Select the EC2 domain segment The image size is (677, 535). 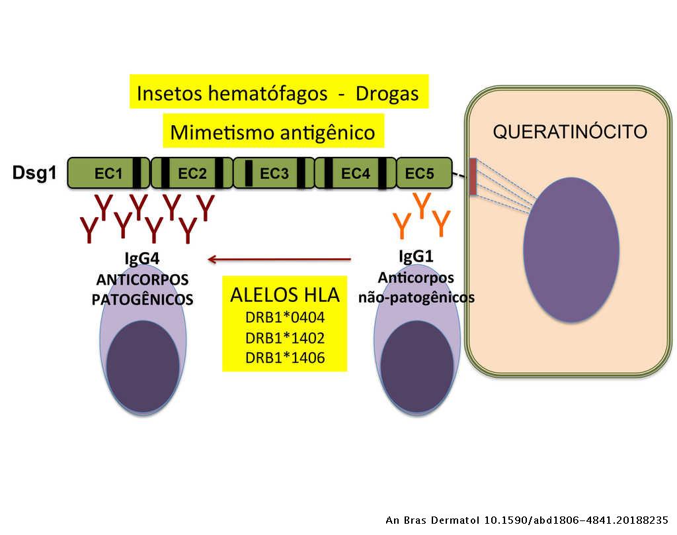click(192, 173)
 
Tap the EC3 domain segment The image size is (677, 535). click(274, 173)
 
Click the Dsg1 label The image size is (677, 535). click(34, 173)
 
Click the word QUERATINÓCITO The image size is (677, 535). click(570, 132)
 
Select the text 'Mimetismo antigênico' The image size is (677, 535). click(272, 132)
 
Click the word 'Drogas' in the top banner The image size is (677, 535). click(387, 93)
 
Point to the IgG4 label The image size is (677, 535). click(141, 258)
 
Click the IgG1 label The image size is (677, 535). click(417, 256)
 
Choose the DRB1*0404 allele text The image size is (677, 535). click(284, 317)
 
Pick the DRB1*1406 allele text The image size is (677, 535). click(284, 358)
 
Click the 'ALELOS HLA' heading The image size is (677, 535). click(284, 295)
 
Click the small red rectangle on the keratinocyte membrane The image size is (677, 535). click(473, 177)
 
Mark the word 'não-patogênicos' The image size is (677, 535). click(417, 297)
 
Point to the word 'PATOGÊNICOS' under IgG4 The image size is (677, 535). click(142, 299)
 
